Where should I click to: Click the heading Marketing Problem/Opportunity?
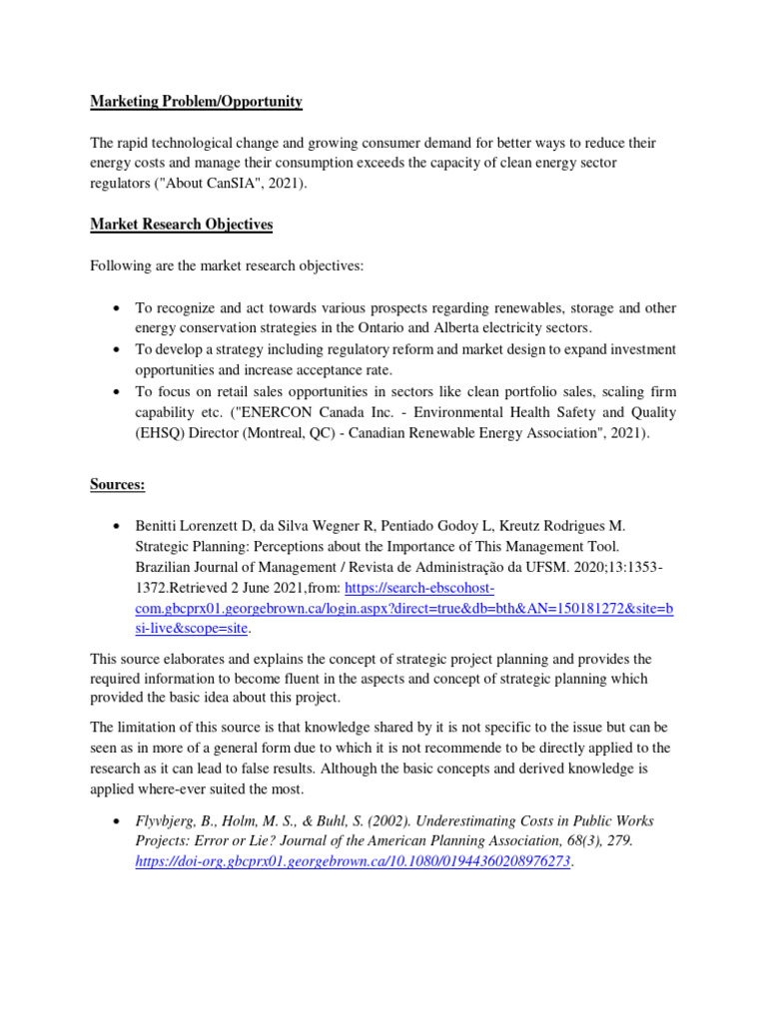(x=196, y=102)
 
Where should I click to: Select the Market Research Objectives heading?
(x=181, y=225)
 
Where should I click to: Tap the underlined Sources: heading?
(x=118, y=484)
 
